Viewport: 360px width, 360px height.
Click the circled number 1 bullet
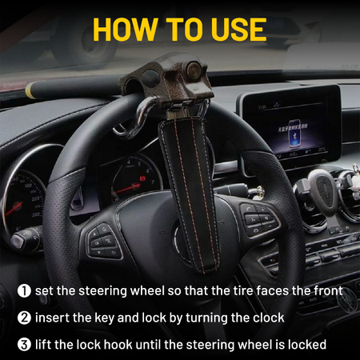(25, 290)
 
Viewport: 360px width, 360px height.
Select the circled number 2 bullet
(25, 318)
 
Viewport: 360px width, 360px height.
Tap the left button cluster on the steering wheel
(104, 240)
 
